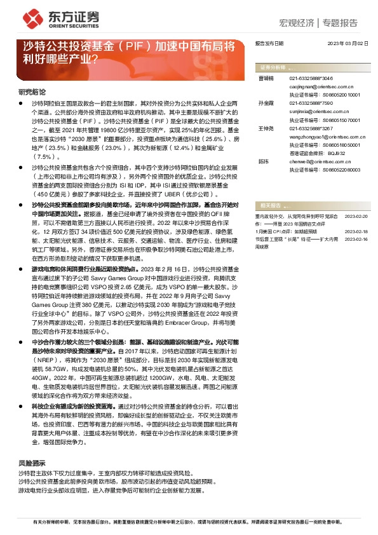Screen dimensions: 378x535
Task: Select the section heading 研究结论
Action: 32,91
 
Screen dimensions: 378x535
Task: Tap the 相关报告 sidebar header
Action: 272,206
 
